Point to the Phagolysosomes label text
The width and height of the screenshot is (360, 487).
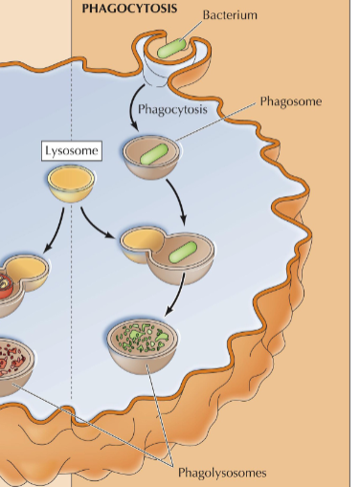tap(221, 472)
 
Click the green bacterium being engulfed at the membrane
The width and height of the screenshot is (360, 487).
tap(173, 47)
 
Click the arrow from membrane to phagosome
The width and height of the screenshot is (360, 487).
tap(135, 109)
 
